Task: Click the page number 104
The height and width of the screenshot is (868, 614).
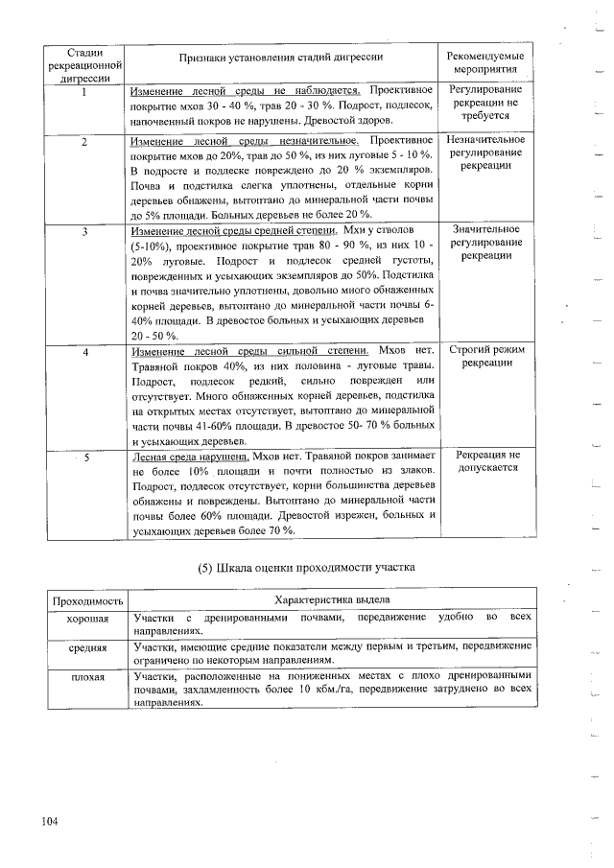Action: [50, 820]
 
